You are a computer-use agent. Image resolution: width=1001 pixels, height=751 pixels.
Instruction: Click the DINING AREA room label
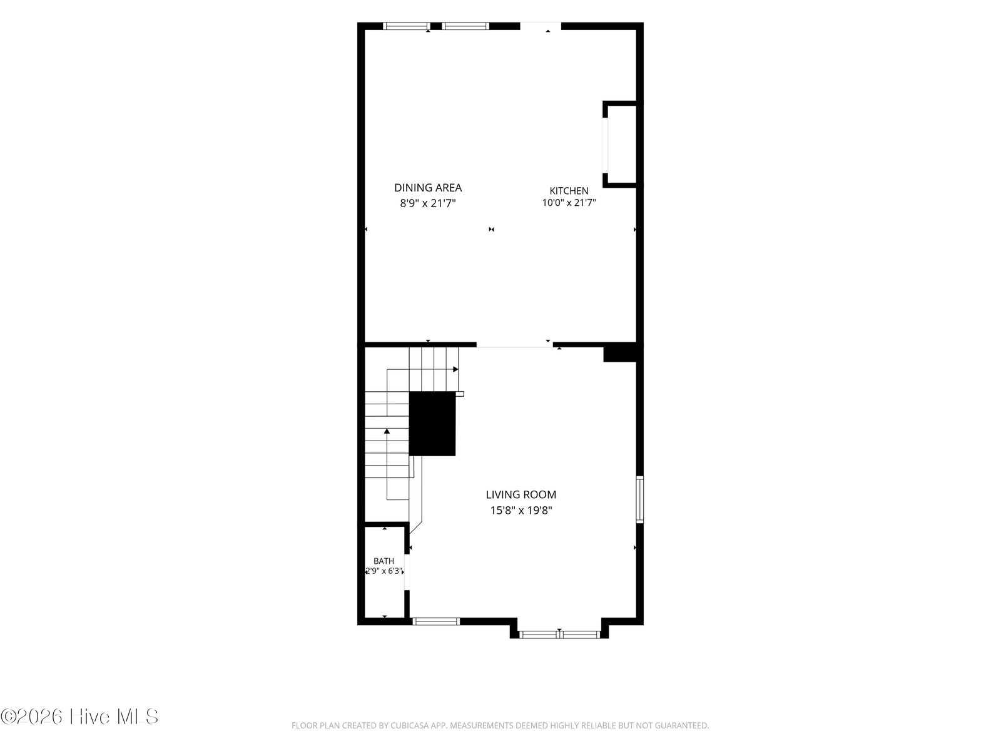428,187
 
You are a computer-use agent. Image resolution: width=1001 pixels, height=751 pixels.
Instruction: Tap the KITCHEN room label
569,191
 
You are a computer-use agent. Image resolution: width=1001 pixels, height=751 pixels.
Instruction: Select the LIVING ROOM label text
521,494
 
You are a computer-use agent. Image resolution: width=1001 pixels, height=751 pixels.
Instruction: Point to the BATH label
384,561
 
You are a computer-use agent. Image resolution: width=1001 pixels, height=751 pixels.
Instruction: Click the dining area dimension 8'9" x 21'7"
428,203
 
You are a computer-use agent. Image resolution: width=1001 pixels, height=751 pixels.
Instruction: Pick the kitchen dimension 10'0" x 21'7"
569,202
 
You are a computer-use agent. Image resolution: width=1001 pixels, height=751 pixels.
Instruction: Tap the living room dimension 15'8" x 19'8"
521,510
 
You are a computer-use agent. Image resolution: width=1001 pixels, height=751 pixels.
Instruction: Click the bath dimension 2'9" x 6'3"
384,571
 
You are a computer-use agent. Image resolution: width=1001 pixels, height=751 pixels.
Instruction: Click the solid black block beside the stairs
432,423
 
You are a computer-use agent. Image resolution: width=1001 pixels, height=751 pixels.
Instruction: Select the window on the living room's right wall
640,499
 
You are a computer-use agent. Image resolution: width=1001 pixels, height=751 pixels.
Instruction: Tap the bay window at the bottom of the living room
559,634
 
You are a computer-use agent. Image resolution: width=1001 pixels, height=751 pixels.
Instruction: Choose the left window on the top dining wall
406,26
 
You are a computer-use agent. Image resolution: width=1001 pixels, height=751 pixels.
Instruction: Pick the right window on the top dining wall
465,26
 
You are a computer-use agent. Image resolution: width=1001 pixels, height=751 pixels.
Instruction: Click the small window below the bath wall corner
436,621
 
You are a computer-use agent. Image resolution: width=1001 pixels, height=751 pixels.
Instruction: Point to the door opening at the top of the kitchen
541,26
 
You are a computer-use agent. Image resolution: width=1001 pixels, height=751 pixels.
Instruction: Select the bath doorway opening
407,572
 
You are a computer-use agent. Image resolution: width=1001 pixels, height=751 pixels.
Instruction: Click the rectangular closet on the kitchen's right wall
620,144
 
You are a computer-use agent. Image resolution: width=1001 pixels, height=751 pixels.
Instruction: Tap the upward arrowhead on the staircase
387,431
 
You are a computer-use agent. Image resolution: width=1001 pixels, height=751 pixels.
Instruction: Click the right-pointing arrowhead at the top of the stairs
455,369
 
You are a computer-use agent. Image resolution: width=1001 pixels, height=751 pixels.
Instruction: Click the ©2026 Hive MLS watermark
79,717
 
